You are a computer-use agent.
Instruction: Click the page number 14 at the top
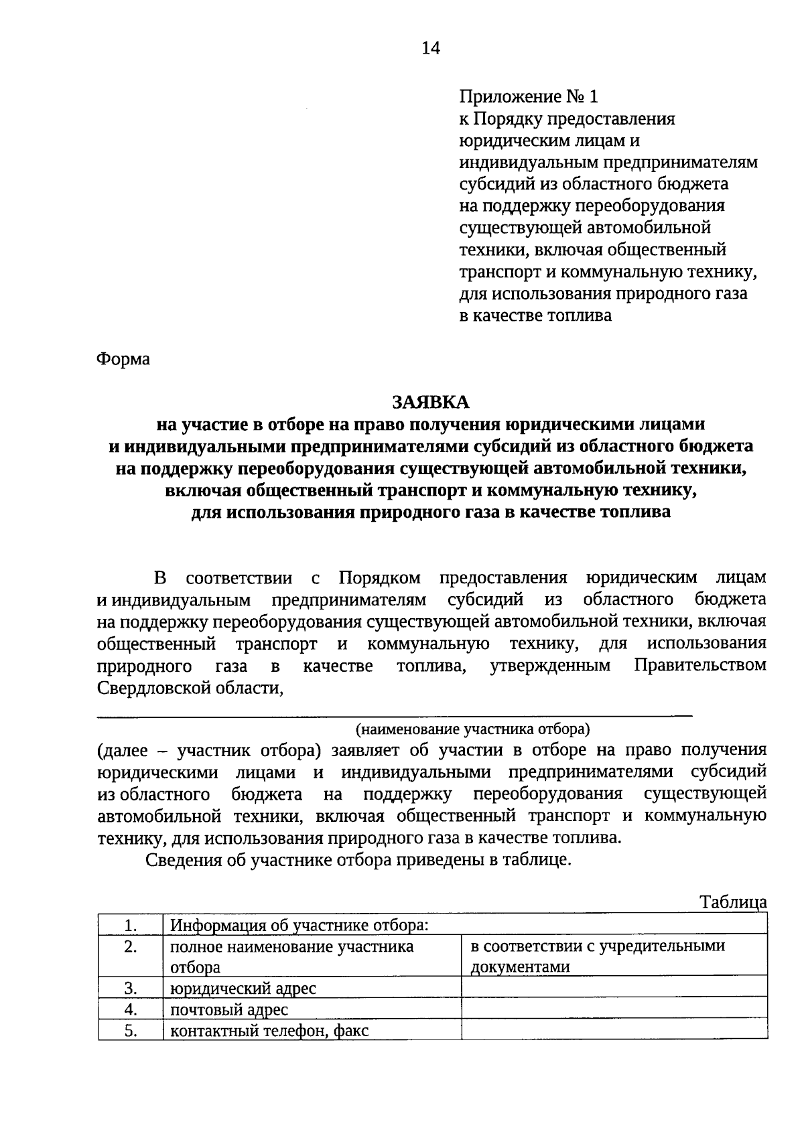click(x=431, y=48)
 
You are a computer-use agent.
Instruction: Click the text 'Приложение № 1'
click(x=528, y=97)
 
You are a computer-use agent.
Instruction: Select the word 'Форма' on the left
click(x=123, y=359)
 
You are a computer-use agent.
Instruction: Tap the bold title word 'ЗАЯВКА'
click(x=431, y=402)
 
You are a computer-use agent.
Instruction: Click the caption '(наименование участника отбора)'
click(x=472, y=728)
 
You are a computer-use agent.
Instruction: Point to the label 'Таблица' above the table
click(x=733, y=902)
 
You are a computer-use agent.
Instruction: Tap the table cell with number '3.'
click(x=131, y=988)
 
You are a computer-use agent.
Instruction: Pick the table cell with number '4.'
click(x=131, y=1009)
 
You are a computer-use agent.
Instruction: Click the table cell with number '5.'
click(x=131, y=1031)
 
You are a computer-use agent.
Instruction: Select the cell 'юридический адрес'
click(x=243, y=989)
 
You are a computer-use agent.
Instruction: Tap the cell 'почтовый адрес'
click(x=229, y=1010)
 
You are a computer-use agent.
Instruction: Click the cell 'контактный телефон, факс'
click(x=269, y=1031)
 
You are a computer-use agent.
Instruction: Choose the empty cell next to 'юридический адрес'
click(x=613, y=987)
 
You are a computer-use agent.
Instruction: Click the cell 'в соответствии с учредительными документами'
click(x=598, y=956)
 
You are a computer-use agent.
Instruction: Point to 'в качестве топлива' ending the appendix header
click(x=535, y=315)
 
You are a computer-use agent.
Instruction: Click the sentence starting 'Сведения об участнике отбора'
click(x=359, y=860)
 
